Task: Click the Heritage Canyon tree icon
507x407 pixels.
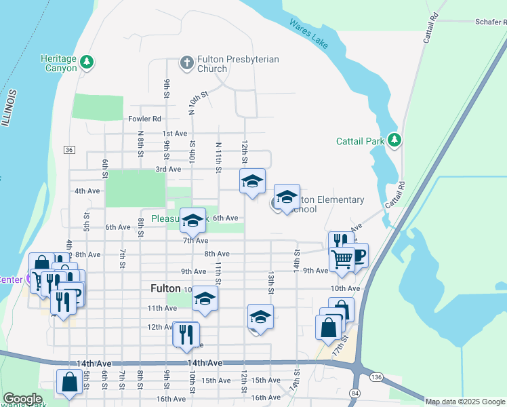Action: [x=86, y=63]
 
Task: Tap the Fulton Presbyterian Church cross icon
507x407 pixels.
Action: [x=187, y=63]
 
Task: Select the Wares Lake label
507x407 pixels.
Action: [x=309, y=34]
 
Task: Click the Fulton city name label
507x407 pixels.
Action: [x=165, y=288]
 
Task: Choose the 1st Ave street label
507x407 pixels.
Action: [x=175, y=134]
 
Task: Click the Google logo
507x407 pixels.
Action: [x=22, y=400]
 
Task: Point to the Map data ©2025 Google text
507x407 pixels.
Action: [x=465, y=402]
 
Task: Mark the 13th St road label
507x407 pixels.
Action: [x=270, y=282]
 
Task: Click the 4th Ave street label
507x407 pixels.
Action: [x=87, y=191]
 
